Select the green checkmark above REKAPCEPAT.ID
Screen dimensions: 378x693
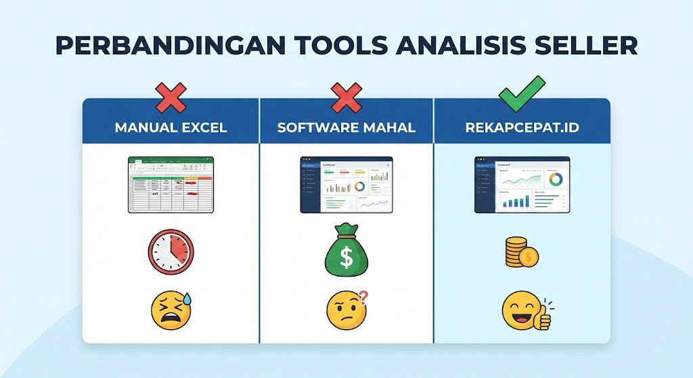click(x=521, y=94)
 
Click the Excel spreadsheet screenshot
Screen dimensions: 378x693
click(x=171, y=185)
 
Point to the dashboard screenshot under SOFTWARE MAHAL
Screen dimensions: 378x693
click(x=346, y=185)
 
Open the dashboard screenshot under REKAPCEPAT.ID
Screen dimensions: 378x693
click(x=522, y=185)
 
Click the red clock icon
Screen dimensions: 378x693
click(x=171, y=252)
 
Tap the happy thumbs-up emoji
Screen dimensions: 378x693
click(x=524, y=312)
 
